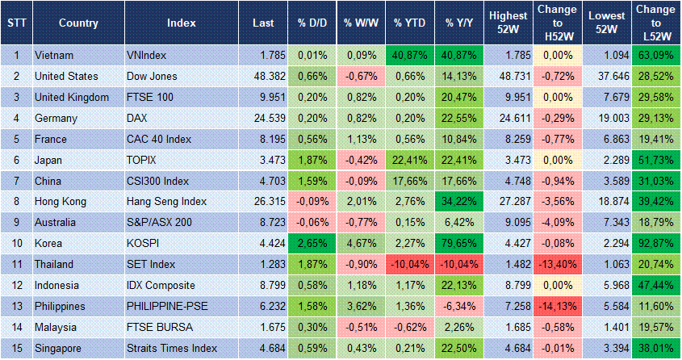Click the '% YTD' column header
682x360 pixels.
coord(409,23)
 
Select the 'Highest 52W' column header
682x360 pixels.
coord(508,23)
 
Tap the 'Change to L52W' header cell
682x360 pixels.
coord(655,23)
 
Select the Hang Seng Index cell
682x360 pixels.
coord(167,202)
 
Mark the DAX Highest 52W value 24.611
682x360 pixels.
coord(507,119)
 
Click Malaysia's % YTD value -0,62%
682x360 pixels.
coord(408,327)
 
